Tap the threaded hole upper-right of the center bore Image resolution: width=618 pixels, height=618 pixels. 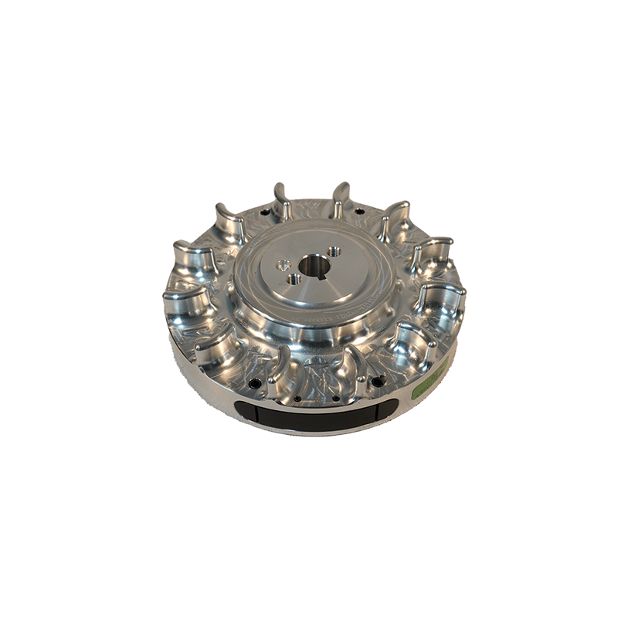point(334,251)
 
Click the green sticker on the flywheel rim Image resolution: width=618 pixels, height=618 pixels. point(430,379)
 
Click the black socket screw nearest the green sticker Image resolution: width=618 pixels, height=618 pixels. point(378,381)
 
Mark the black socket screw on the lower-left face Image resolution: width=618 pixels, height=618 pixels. point(253,384)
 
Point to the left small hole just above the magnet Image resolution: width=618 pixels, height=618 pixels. point(297,399)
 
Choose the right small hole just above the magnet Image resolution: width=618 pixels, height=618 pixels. point(334,399)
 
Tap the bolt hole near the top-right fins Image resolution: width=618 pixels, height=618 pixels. point(358,212)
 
